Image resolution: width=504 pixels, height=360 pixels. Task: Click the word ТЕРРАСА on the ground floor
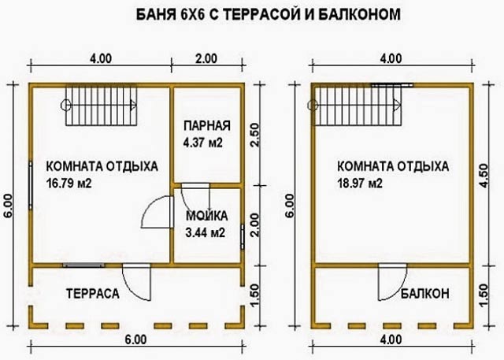tap(93, 294)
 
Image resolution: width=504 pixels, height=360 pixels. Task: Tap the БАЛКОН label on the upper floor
tap(425, 294)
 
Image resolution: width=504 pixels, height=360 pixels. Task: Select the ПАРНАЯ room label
tap(207, 126)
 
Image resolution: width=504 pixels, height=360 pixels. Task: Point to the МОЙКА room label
tap(206, 216)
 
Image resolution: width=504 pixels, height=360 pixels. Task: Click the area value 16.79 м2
tap(69, 184)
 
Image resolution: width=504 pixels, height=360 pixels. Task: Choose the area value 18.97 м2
tap(360, 184)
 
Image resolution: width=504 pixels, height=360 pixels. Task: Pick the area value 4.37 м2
tap(203, 143)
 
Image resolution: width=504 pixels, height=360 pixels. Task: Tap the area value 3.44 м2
tap(206, 232)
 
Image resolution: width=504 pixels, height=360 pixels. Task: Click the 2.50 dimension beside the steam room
tap(254, 135)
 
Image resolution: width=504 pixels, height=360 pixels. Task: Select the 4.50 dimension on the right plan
tap(483, 175)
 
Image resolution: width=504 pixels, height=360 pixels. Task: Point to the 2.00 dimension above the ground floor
tap(206, 59)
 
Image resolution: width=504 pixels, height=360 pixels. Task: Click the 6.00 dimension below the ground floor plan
tap(135, 340)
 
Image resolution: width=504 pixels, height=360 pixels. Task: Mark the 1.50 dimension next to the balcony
tap(483, 295)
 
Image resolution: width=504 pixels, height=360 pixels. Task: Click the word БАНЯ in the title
tap(154, 14)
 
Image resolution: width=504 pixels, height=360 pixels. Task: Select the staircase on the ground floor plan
tap(102, 105)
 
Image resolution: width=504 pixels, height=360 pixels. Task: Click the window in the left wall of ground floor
tap(31, 186)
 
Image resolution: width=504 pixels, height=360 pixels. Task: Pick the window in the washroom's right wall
tap(243, 236)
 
